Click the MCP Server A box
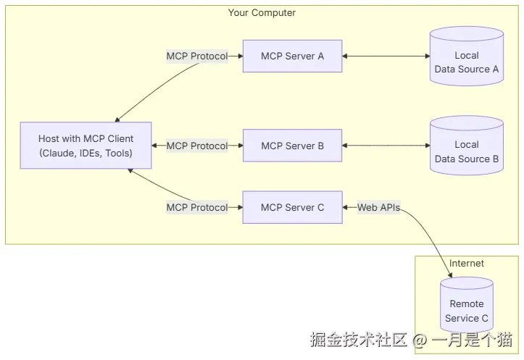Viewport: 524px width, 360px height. (292, 56)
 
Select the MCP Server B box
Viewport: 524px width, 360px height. (292, 146)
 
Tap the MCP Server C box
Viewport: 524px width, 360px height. (292, 207)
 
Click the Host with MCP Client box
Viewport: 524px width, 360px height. (86, 146)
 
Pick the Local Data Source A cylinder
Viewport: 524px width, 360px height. (466, 62)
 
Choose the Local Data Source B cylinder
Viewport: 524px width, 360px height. (466, 151)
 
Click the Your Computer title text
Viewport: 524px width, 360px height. (262, 13)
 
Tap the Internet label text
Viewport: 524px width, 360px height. (466, 264)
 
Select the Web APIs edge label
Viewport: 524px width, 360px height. (378, 207)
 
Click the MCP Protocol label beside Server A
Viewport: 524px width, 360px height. (196, 56)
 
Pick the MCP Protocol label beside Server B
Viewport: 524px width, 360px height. (196, 146)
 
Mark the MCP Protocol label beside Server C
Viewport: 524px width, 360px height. (196, 207)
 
